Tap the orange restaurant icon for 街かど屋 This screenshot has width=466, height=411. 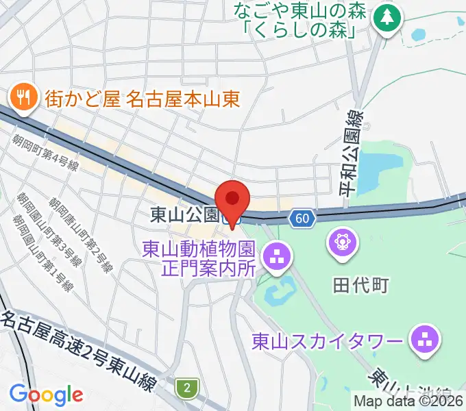tap(23, 97)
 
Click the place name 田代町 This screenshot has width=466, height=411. tap(360, 285)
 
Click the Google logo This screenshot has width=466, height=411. tap(46, 394)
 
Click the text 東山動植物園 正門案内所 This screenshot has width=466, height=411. tap(199, 257)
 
